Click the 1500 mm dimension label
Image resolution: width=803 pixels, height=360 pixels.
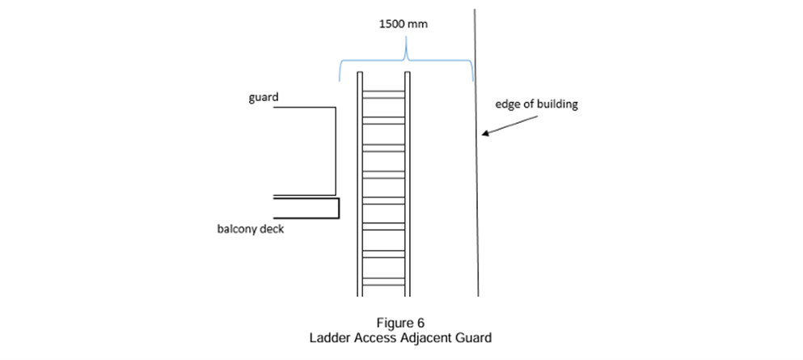click(404, 24)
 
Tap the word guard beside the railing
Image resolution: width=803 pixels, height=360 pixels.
click(263, 97)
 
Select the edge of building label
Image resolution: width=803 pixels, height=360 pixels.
click(536, 104)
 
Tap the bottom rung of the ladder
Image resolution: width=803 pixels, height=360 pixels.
click(383, 281)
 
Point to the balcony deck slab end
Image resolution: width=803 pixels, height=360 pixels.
click(337, 209)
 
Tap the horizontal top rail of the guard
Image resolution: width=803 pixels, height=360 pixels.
click(303, 108)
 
